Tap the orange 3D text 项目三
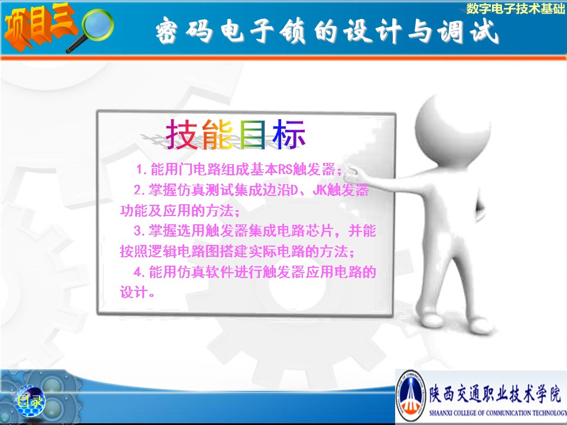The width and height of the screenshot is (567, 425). pyautogui.click(x=39, y=25)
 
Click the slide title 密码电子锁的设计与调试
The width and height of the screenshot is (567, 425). pyautogui.click(x=327, y=31)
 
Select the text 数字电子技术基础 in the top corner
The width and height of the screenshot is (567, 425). pyautogui.click(x=516, y=8)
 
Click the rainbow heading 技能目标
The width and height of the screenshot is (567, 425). pyautogui.click(x=236, y=135)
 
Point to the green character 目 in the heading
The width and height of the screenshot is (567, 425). pyautogui.click(x=252, y=135)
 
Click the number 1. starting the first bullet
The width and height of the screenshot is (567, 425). pyautogui.click(x=141, y=169)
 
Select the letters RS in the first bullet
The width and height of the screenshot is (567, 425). pyautogui.click(x=285, y=169)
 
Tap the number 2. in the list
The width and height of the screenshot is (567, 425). pyautogui.click(x=139, y=189)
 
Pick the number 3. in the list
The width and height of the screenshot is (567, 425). pyautogui.click(x=139, y=231)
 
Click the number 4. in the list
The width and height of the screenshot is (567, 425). pyautogui.click(x=139, y=272)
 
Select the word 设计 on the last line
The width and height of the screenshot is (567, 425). pyautogui.click(x=134, y=292)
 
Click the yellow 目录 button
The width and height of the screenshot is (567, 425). pyautogui.click(x=30, y=401)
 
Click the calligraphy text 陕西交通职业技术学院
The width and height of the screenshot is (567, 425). pyautogui.click(x=496, y=393)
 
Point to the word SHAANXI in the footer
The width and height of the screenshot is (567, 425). pyautogui.click(x=438, y=413)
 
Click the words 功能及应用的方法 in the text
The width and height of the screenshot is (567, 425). pyautogui.click(x=177, y=210)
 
